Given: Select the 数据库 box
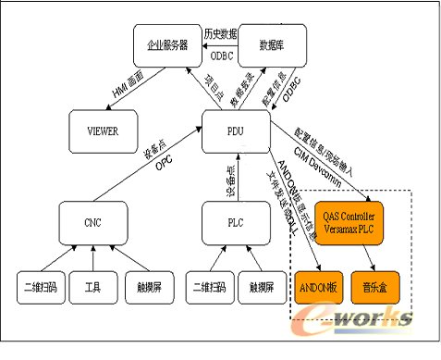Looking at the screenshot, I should [271, 43].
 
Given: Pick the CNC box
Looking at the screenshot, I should [92, 221].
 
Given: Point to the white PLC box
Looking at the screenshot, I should [236, 221].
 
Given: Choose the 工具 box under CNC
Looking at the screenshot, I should [92, 287].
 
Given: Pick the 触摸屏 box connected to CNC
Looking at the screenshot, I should [146, 287].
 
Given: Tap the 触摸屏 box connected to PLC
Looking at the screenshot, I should [263, 287].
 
